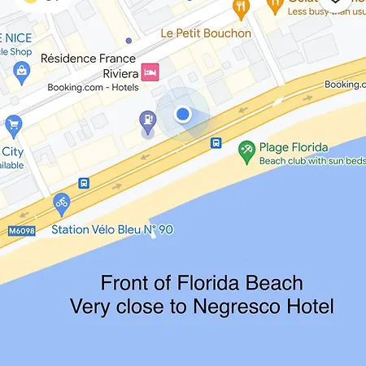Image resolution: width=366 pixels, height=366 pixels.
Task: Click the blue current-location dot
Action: (183, 115)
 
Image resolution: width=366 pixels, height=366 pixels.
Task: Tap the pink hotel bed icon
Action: (150, 72)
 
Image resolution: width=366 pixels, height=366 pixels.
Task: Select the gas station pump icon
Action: (147, 122)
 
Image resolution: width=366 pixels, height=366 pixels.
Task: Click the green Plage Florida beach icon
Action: (246, 150)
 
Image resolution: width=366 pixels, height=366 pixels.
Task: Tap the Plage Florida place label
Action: (294, 147)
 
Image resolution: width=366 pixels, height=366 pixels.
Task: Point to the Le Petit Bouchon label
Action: (206, 33)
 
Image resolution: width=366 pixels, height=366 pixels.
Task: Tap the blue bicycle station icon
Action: (62, 203)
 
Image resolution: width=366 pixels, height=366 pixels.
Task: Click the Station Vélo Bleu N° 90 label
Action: (112, 229)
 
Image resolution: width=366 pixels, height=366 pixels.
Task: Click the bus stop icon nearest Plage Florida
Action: (216, 143)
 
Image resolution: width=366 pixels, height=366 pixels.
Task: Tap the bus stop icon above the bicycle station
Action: (84, 184)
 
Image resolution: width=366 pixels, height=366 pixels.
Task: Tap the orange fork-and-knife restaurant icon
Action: (240, 8)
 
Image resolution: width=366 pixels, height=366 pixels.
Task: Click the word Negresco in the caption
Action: (245, 307)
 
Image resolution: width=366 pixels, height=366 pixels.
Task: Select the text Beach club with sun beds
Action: (312, 161)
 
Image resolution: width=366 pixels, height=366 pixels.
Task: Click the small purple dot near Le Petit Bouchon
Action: (129, 40)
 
